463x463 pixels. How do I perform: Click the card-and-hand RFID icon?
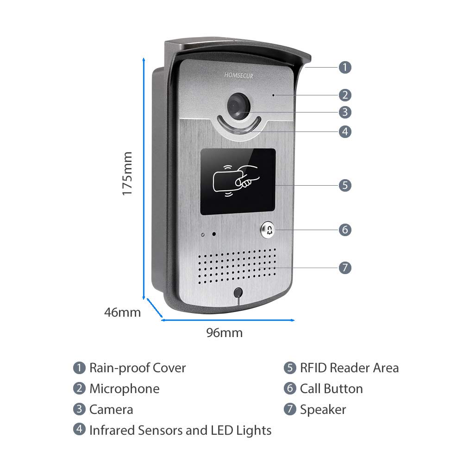pos(234,181)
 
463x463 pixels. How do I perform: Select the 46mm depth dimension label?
pos(122,312)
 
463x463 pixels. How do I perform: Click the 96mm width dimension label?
pos(225,332)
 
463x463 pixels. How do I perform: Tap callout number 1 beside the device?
pos(344,67)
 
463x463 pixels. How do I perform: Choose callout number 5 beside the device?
pos(344,186)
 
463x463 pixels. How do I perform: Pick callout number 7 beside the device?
pos(344,268)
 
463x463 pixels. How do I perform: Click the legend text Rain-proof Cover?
pos(138,368)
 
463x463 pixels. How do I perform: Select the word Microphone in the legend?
pos(124,389)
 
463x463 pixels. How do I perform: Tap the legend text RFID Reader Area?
pos(349,368)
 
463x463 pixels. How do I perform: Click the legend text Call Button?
pos(331,389)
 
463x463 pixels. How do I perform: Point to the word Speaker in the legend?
pos(323,410)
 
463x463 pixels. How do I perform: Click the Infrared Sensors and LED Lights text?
pos(180,431)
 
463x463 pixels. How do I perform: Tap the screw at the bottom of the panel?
pos(238,293)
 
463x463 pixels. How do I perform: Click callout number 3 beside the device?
pos(344,112)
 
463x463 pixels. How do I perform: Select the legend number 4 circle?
pos(80,430)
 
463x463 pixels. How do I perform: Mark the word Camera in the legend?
pos(111,410)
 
